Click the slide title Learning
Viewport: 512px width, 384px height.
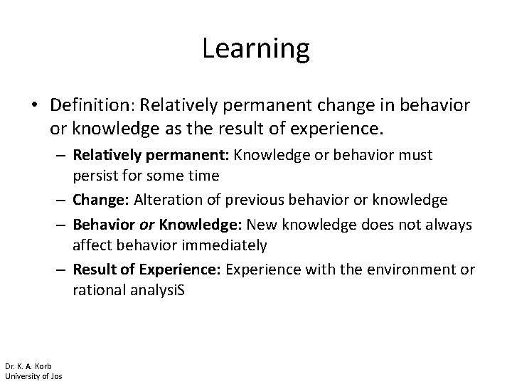256,48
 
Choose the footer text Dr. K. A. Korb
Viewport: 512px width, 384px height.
28,366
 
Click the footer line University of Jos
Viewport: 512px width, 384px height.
33,376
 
